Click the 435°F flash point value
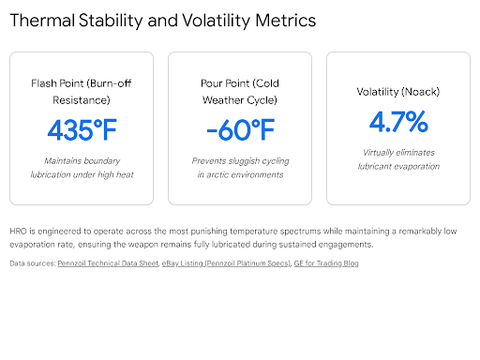(82, 130)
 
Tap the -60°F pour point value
(240, 130)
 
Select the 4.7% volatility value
(398, 122)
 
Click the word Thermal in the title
(42, 21)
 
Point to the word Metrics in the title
(285, 21)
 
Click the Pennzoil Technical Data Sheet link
(108, 263)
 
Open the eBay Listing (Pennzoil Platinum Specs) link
(226, 263)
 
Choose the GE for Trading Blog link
(326, 263)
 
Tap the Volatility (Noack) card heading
(398, 92)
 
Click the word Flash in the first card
(44, 83)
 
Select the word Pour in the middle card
(211, 83)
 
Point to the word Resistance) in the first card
(82, 100)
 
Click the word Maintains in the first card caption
(60, 161)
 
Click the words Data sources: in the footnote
(33, 263)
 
